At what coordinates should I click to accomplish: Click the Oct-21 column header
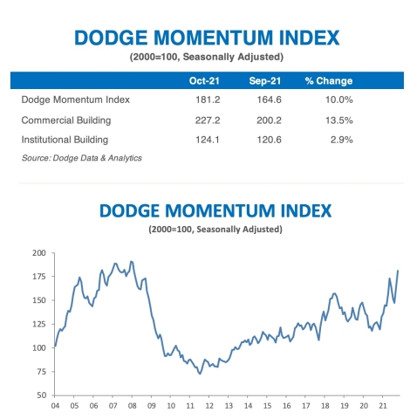202,80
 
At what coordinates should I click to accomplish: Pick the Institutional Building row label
65,141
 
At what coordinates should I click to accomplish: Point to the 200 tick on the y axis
38,253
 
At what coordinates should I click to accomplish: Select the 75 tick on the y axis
41,371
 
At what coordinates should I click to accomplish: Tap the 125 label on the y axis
38,324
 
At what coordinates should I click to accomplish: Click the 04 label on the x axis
55,406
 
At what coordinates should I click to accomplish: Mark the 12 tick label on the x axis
207,406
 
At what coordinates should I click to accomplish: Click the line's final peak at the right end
399,271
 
